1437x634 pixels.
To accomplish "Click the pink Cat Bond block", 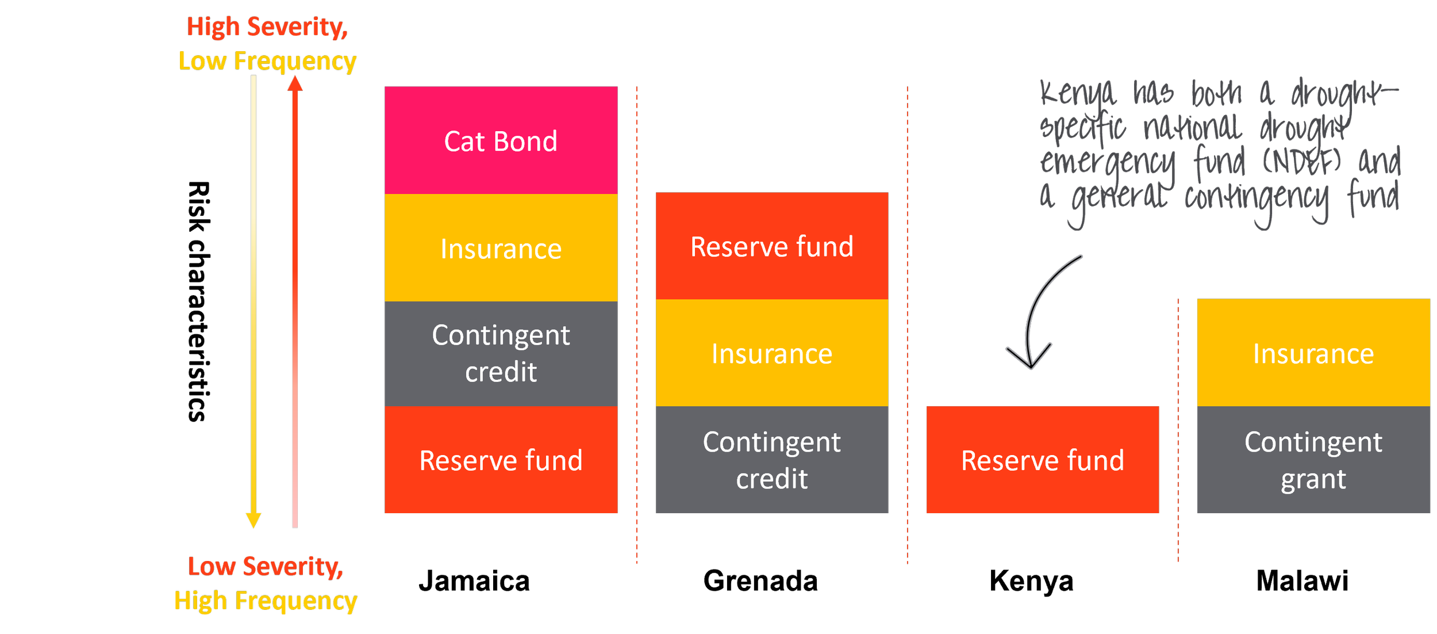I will click(501, 140).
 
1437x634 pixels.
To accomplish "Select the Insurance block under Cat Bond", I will click(501, 248).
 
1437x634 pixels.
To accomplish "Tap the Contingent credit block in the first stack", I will click(501, 353).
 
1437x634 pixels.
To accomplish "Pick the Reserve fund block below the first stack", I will click(501, 460).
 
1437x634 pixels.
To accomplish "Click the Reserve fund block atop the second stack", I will click(771, 246).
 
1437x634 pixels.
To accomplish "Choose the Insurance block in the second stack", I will click(771, 353).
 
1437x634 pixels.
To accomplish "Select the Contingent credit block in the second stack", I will click(771, 460).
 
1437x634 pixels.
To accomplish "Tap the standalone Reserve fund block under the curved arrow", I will click(1042, 460).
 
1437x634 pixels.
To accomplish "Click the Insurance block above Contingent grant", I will click(1313, 353).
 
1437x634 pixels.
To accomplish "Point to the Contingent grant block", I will click(1313, 460).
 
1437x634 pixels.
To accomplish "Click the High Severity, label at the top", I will click(267, 27).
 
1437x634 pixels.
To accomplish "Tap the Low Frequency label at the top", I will click(267, 61).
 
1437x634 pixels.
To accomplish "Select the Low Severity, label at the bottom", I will click(266, 567).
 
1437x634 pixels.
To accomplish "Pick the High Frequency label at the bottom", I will click(266, 602).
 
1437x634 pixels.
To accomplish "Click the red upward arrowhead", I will click(295, 85).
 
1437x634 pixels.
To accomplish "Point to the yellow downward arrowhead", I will click(253, 520).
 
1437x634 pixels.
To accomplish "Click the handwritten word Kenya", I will click(1078, 95).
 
